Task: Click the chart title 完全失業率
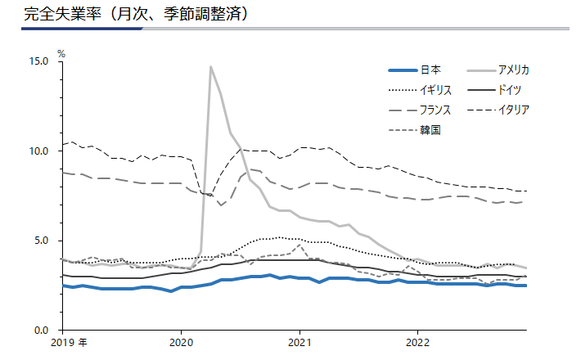click(x=62, y=14)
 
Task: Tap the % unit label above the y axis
click(x=61, y=54)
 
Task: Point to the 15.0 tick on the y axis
click(x=39, y=61)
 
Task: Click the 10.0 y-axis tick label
click(x=39, y=151)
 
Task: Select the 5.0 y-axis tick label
click(x=42, y=241)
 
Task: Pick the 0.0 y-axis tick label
click(x=42, y=331)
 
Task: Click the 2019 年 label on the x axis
click(x=69, y=343)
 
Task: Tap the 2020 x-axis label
click(x=181, y=343)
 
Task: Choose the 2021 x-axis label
click(x=300, y=343)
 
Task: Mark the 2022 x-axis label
click(x=417, y=343)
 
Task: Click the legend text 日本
click(x=430, y=70)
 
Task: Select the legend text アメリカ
click(x=513, y=70)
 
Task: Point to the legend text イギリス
click(x=435, y=90)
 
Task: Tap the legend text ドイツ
click(x=510, y=90)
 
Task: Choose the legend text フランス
click(x=435, y=110)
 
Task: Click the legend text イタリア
click(x=513, y=110)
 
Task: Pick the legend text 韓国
click(x=430, y=130)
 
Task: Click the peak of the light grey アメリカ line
click(x=210, y=67)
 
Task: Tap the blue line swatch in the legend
click(x=403, y=70)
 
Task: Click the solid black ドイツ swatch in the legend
click(x=481, y=90)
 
